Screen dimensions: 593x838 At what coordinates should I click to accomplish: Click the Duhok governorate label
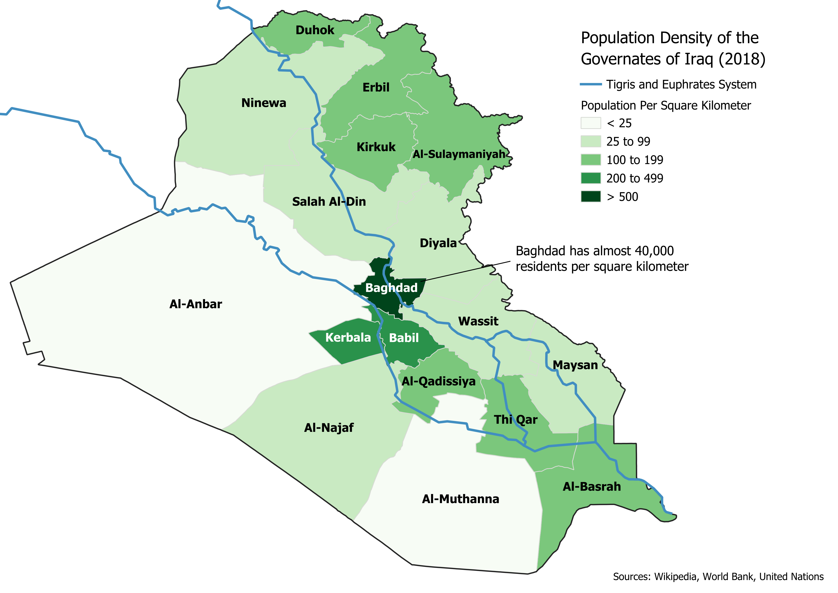pos(315,30)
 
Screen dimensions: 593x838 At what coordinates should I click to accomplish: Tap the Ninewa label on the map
pos(264,103)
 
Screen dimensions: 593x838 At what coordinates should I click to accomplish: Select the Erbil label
pos(376,88)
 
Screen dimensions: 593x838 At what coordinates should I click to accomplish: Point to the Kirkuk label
pos(376,147)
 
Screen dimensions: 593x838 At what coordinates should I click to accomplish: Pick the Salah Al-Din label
pos(329,202)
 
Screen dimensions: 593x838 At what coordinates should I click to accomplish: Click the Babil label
pos(403,338)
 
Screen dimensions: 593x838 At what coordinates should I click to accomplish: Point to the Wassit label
pos(478,321)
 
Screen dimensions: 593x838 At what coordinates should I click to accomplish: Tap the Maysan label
pos(575,365)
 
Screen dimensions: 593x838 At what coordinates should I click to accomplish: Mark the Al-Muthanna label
pos(460,499)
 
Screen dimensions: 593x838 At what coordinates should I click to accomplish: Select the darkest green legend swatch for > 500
pos(590,197)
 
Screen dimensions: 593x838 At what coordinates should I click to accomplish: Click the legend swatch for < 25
pos(590,123)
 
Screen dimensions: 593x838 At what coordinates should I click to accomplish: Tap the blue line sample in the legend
pos(590,84)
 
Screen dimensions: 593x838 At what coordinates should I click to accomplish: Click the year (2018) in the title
pos(742,59)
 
